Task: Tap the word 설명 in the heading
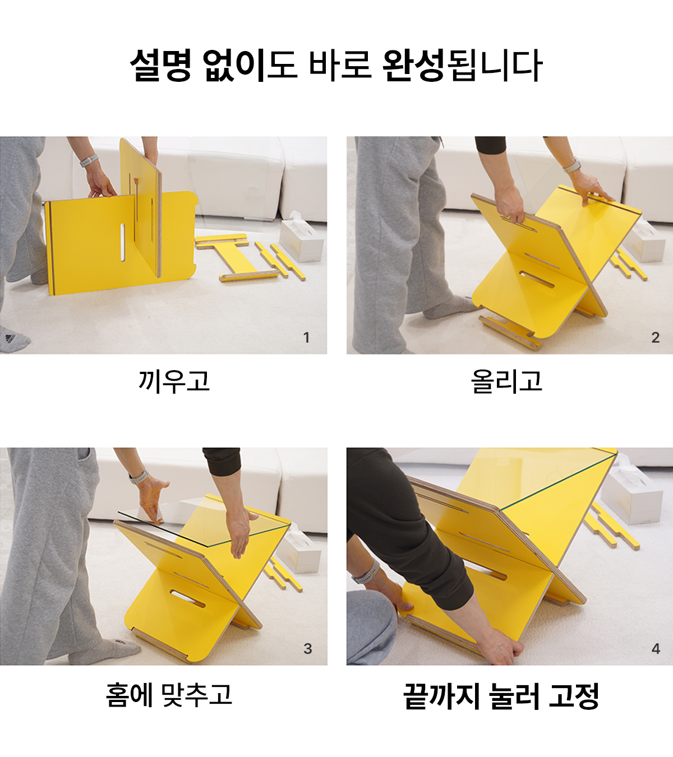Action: pos(161,65)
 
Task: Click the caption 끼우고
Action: pos(174,381)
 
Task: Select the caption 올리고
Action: pos(506,381)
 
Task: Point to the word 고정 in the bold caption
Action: pos(574,696)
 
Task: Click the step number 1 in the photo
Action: pos(306,338)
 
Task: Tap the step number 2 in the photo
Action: pos(656,338)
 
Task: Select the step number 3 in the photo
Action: pos(307,649)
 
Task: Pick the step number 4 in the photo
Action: pos(656,649)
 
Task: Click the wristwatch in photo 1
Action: pos(89,160)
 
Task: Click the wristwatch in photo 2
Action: pos(571,165)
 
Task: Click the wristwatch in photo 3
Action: pos(139,478)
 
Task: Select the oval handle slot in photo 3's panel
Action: pos(187,598)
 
